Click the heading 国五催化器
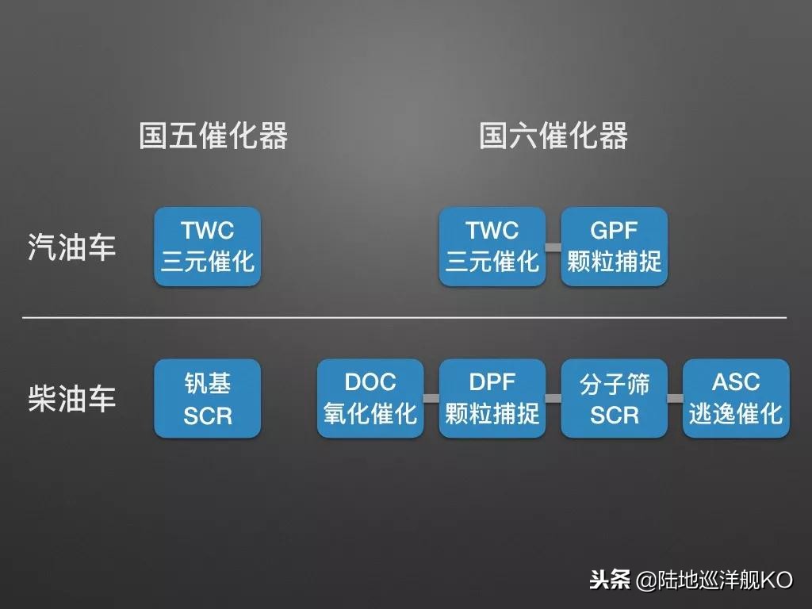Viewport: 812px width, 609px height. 213,136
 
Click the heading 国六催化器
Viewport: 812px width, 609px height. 553,136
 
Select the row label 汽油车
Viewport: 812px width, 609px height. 72,247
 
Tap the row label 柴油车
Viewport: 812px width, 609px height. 72,399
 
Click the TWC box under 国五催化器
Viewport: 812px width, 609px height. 207,247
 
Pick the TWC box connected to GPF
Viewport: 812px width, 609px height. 492,247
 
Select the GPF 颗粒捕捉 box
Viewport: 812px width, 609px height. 615,247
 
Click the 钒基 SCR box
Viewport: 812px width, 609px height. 207,399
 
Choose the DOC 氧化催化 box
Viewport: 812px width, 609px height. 370,399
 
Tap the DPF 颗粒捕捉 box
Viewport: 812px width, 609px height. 492,399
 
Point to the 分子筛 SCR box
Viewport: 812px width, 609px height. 615,399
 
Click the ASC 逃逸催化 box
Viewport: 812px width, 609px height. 736,399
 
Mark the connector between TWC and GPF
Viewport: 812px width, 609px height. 553,247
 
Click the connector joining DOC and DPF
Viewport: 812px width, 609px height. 431,398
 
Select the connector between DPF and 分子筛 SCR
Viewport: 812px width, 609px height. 553,398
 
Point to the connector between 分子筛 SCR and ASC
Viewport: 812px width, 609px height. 676,398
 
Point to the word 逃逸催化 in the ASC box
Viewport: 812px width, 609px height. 736,413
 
